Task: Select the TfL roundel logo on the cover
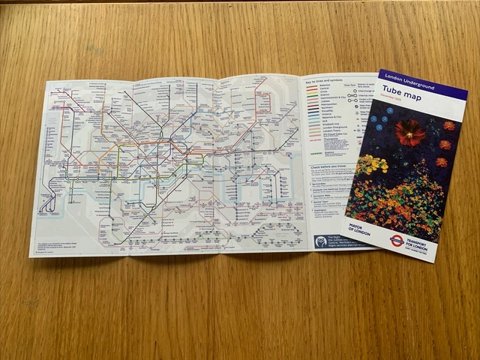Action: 396,241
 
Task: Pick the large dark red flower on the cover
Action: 409,133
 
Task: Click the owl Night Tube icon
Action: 320,241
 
